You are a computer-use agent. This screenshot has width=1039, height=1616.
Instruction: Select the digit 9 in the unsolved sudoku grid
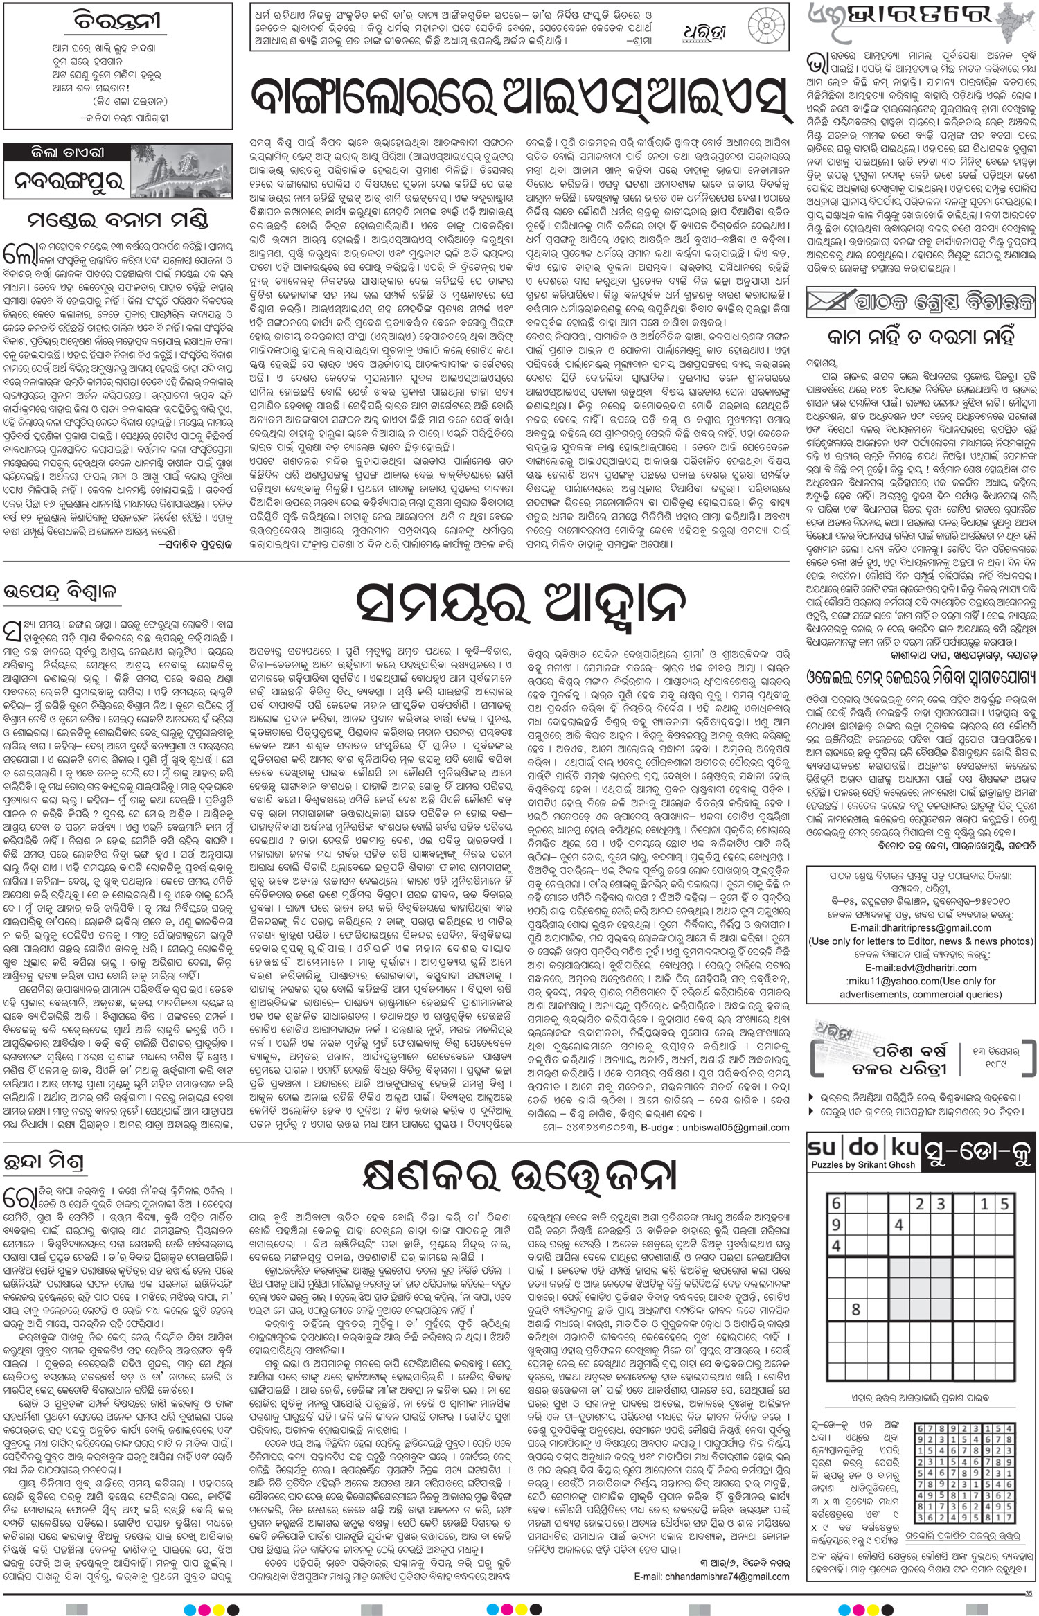(836, 1224)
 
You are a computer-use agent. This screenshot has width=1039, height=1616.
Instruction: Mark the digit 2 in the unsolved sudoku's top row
(919, 1204)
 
